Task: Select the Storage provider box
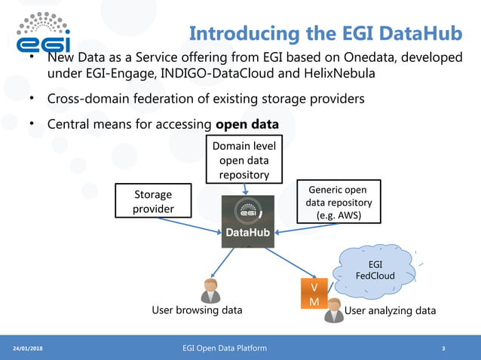pyautogui.click(x=153, y=200)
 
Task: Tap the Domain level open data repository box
pyautogui.click(x=244, y=160)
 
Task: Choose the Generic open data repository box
pyautogui.click(x=339, y=202)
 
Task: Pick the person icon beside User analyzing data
pyautogui.click(x=333, y=310)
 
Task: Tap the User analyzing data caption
pyautogui.click(x=390, y=310)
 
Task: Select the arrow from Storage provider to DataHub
pyautogui.click(x=188, y=224)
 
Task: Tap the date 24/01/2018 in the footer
pyautogui.click(x=28, y=348)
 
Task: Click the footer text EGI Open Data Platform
pyautogui.click(x=224, y=347)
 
